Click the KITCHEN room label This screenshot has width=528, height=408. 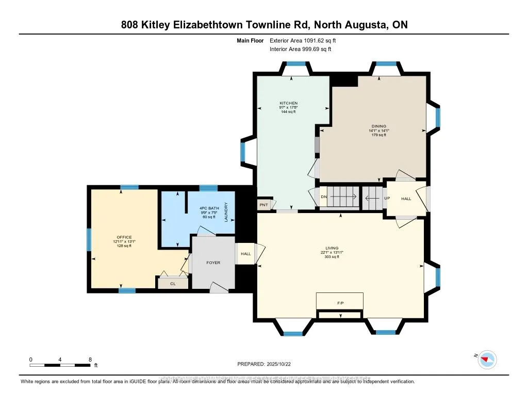click(x=289, y=103)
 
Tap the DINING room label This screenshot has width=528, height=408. click(x=379, y=126)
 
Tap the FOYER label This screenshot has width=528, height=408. click(x=213, y=263)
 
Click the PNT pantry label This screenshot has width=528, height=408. click(x=263, y=205)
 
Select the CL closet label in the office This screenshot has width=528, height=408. click(x=173, y=283)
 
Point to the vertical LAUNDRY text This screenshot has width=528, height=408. click(x=226, y=212)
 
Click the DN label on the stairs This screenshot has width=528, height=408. click(x=324, y=197)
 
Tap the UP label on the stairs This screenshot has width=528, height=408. click(x=386, y=198)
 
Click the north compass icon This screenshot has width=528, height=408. click(x=487, y=359)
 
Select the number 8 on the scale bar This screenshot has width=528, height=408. click(x=90, y=359)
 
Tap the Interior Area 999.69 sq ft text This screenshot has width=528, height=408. click(x=300, y=49)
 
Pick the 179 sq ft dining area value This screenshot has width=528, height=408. click(x=379, y=135)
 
